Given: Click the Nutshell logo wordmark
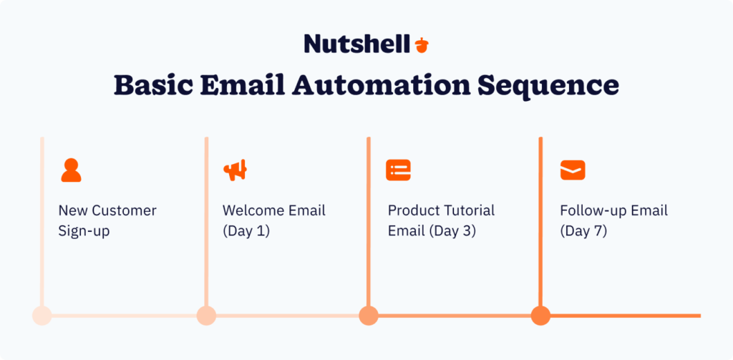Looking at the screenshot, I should coord(356,44).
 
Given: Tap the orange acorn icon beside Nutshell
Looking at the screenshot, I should coord(422,45).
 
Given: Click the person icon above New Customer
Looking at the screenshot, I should coord(71,170).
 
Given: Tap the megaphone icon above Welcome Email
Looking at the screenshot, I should coord(236,170).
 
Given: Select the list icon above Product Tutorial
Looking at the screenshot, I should coord(399,170).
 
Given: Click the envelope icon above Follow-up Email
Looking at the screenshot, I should coord(572,170).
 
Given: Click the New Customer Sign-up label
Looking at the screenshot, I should coord(107,221).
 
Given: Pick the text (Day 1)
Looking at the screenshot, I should coord(246,231).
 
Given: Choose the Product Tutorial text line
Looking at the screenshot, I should coord(441,211).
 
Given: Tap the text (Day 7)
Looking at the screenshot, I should coord(583,231).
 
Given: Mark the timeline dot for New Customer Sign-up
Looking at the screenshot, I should coord(42,315).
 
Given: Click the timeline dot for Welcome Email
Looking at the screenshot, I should coord(206,315).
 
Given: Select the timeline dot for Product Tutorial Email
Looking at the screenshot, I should coord(369,315).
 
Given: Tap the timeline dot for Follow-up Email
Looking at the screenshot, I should coord(540,315).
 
